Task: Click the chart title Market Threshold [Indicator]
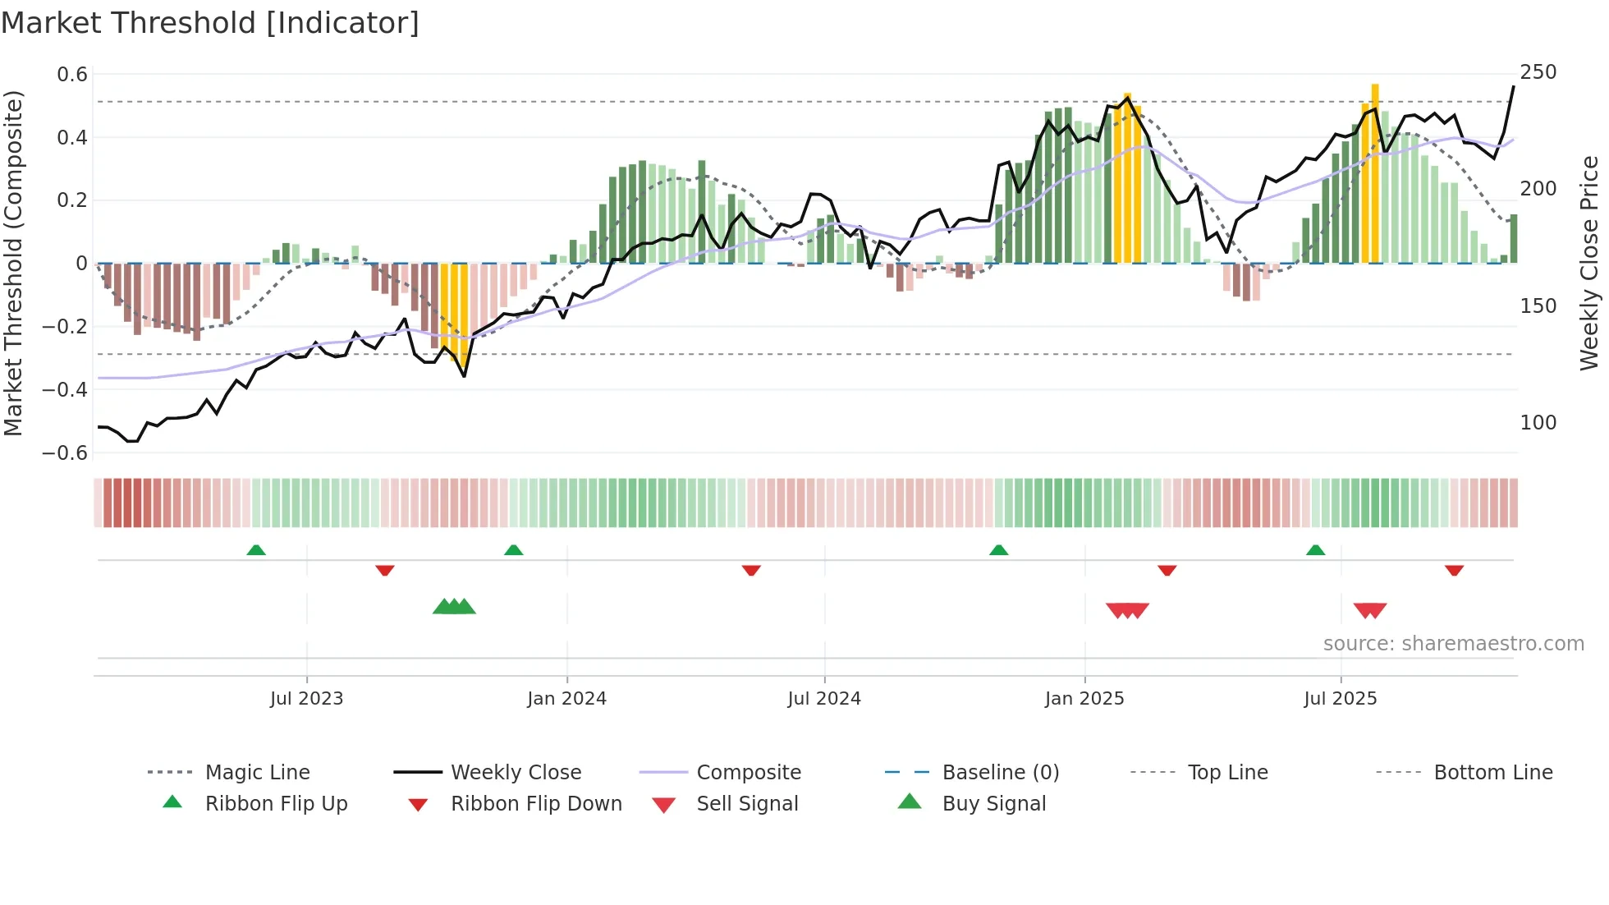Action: pos(210,23)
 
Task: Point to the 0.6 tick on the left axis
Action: pos(72,75)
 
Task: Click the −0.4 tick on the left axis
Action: pos(65,389)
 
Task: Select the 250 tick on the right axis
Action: pos(1538,72)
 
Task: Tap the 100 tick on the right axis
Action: pos(1538,423)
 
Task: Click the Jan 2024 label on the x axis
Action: pos(566,699)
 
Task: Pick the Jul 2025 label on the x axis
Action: pos(1340,699)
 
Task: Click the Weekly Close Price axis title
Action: pos(1589,263)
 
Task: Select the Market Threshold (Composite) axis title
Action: pos(13,263)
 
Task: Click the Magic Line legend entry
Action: pos(257,773)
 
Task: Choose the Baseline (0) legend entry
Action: pos(1000,773)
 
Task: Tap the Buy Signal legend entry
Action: pos(993,804)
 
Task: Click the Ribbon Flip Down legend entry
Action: pos(535,804)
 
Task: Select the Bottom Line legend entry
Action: pos(1492,773)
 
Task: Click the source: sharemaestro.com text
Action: pos(1453,644)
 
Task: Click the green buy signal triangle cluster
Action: pos(454,607)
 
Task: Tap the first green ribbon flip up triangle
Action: pos(256,550)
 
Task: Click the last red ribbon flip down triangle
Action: pos(1454,570)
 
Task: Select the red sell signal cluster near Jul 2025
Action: pos(1369,610)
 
